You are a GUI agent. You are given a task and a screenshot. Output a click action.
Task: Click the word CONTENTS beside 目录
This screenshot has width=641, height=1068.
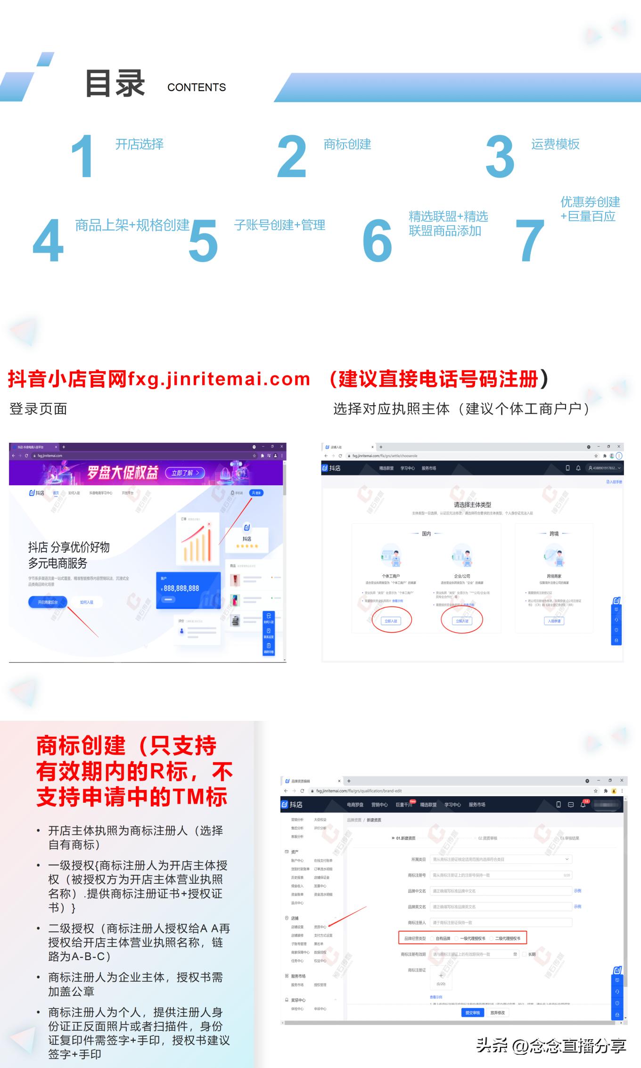coord(197,88)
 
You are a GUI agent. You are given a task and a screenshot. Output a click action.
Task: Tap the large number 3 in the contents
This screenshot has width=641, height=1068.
coord(500,156)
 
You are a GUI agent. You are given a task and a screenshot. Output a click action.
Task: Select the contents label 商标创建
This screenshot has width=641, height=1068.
coord(347,144)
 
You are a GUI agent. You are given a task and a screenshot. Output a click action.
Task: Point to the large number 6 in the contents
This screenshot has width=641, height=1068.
coord(377,241)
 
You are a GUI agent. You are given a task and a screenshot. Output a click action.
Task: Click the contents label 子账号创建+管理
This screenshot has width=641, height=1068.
coord(279,225)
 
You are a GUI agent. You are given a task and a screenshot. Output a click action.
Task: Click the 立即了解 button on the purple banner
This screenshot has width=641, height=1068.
coord(185,473)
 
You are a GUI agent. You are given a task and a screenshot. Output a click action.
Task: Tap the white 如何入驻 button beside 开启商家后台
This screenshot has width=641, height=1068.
coord(87,602)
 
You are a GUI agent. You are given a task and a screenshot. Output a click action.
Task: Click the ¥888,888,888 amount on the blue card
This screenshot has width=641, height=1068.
coord(181,588)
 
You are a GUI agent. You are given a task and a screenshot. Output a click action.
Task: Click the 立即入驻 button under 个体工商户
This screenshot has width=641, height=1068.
coord(391,621)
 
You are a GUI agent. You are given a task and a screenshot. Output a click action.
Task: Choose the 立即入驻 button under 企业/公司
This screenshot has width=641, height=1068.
coord(462,621)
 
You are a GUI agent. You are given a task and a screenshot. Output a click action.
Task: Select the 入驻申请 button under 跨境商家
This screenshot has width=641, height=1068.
coord(554,621)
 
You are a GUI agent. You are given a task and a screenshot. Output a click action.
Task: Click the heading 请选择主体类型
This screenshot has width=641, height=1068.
coord(472,505)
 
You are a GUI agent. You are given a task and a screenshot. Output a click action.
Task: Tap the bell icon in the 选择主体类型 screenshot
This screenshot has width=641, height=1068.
coord(578,468)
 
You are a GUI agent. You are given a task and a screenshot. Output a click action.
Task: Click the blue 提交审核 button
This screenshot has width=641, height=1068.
coord(472,1012)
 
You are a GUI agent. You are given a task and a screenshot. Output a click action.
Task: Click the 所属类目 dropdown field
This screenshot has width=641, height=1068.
coord(501,859)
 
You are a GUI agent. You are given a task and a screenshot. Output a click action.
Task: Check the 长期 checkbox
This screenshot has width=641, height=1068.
coord(524,954)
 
